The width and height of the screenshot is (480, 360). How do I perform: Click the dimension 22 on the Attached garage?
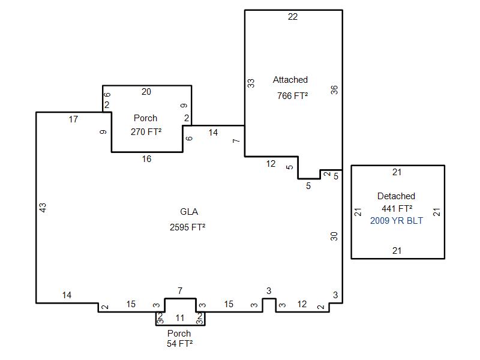click(293, 17)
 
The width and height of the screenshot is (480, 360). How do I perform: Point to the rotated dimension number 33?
click(251, 83)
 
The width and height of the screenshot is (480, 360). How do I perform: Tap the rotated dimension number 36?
click(334, 89)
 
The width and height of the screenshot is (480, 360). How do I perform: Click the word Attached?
click(290, 80)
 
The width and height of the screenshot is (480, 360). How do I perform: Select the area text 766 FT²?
click(292, 96)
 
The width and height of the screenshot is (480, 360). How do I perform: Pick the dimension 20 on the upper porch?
click(146, 92)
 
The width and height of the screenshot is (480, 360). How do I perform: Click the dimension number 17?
click(73, 119)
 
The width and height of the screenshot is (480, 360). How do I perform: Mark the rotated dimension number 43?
click(43, 208)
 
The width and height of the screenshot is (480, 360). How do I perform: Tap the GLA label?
click(189, 212)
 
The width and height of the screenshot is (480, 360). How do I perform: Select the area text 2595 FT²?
click(187, 227)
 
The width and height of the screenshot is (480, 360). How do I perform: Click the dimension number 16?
click(146, 159)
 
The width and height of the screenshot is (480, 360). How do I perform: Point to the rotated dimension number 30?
click(334, 236)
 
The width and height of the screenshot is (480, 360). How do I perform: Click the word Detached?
click(396, 196)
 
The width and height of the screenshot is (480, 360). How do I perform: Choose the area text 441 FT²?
click(397, 208)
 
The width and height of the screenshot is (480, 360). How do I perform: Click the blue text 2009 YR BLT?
click(397, 221)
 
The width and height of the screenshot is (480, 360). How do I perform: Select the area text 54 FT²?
click(179, 344)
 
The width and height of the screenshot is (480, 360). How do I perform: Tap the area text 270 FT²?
click(146, 131)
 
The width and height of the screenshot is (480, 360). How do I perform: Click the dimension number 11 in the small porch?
click(180, 318)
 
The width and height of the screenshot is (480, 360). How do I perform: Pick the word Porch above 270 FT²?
click(145, 118)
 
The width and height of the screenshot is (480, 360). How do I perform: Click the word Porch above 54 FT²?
click(179, 333)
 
